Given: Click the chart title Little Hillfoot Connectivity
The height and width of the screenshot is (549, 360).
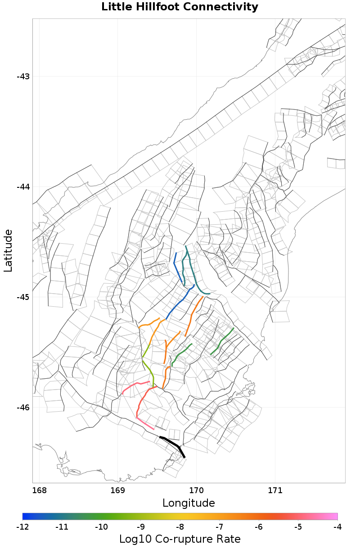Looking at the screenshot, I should (x=180, y=7).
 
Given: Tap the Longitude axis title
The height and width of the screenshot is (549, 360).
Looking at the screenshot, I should (x=189, y=503).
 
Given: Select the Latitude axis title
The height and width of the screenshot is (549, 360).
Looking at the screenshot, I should (x=8, y=250).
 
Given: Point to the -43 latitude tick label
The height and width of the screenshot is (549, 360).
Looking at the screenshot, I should (x=23, y=77).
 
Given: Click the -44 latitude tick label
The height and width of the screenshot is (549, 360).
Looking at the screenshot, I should (x=23, y=187).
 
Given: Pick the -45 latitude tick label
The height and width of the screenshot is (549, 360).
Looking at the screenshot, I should (x=23, y=297).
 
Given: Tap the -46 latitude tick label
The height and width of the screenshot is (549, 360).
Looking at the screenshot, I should (x=23, y=408).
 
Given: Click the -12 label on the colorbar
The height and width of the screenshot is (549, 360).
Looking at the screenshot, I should (x=22, y=526).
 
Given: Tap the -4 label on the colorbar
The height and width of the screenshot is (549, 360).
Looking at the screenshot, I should (x=337, y=526).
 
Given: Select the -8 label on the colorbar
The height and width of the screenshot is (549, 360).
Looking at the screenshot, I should (x=180, y=526).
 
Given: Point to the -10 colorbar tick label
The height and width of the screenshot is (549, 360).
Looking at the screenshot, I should (x=101, y=526).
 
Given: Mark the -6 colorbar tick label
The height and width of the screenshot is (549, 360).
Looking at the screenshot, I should (x=259, y=526).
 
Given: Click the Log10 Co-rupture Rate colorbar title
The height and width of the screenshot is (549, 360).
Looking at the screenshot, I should (x=180, y=539).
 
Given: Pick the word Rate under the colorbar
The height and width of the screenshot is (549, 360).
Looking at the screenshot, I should (x=226, y=539).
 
